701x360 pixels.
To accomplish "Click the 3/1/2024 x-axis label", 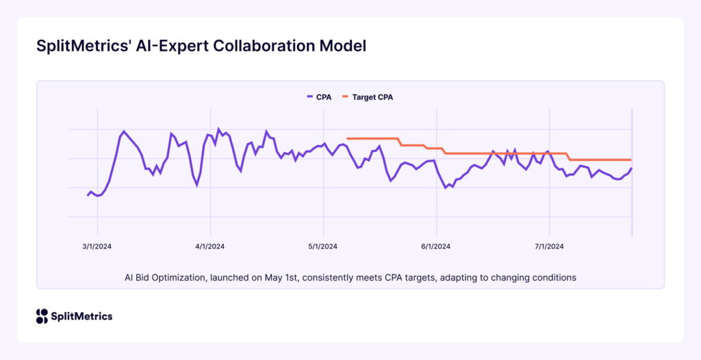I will pyautogui.click(x=97, y=246).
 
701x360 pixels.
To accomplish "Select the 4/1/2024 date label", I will pyautogui.click(x=210, y=246).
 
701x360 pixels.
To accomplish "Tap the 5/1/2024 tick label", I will pyautogui.click(x=323, y=246).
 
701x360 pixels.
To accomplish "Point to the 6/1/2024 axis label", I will pyautogui.click(x=436, y=246).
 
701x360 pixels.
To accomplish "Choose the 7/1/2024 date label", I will pyautogui.click(x=549, y=246).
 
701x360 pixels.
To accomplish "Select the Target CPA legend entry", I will pyautogui.click(x=372, y=97).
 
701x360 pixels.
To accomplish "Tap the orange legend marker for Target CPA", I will pyautogui.click(x=346, y=97).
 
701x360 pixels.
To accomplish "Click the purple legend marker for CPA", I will pyautogui.click(x=310, y=97).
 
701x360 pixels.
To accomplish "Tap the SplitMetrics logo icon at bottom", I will pyautogui.click(x=42, y=316).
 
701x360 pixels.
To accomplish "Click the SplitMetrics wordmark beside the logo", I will pyautogui.click(x=82, y=316).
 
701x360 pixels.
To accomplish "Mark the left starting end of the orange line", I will pyautogui.click(x=348, y=138).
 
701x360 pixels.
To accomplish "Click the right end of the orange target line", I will pyautogui.click(x=630, y=159).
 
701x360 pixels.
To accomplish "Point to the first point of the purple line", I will pyautogui.click(x=88, y=196).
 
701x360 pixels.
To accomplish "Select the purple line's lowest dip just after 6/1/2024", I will pyautogui.click(x=446, y=188).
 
